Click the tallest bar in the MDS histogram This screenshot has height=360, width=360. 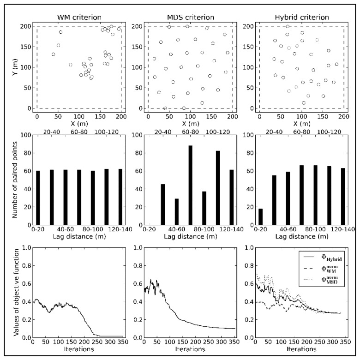(177, 185)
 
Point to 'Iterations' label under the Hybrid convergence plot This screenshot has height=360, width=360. (300, 349)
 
